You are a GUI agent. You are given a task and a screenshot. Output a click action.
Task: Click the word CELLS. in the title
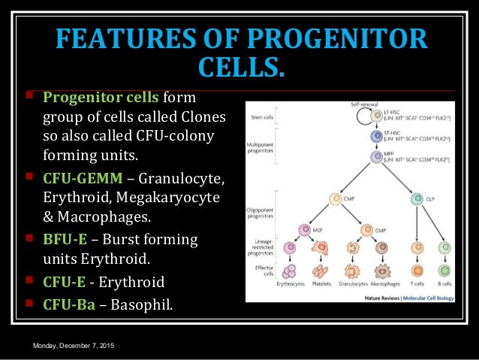[x=240, y=68]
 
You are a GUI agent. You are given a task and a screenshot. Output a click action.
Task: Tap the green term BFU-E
[x=65, y=240]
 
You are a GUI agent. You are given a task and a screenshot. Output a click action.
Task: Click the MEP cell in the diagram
[x=305, y=229]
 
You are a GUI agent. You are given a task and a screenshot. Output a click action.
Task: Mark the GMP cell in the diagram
[x=367, y=229]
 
